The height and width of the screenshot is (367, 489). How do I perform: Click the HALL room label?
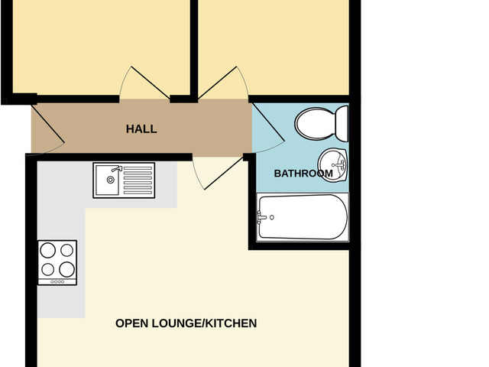tap(141, 129)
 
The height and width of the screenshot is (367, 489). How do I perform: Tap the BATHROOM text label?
tap(303, 174)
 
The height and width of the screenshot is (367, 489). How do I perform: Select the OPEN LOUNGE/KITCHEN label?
tap(186, 323)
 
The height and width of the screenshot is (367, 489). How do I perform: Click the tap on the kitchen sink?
tap(116, 170)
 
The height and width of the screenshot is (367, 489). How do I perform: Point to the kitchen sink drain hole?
tap(111, 180)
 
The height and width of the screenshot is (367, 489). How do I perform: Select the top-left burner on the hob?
tap(48, 250)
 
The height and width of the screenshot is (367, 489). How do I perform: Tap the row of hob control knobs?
tap(57, 281)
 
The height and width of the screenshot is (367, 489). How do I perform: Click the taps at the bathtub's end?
tap(263, 216)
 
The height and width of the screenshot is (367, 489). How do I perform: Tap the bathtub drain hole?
tap(273, 216)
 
